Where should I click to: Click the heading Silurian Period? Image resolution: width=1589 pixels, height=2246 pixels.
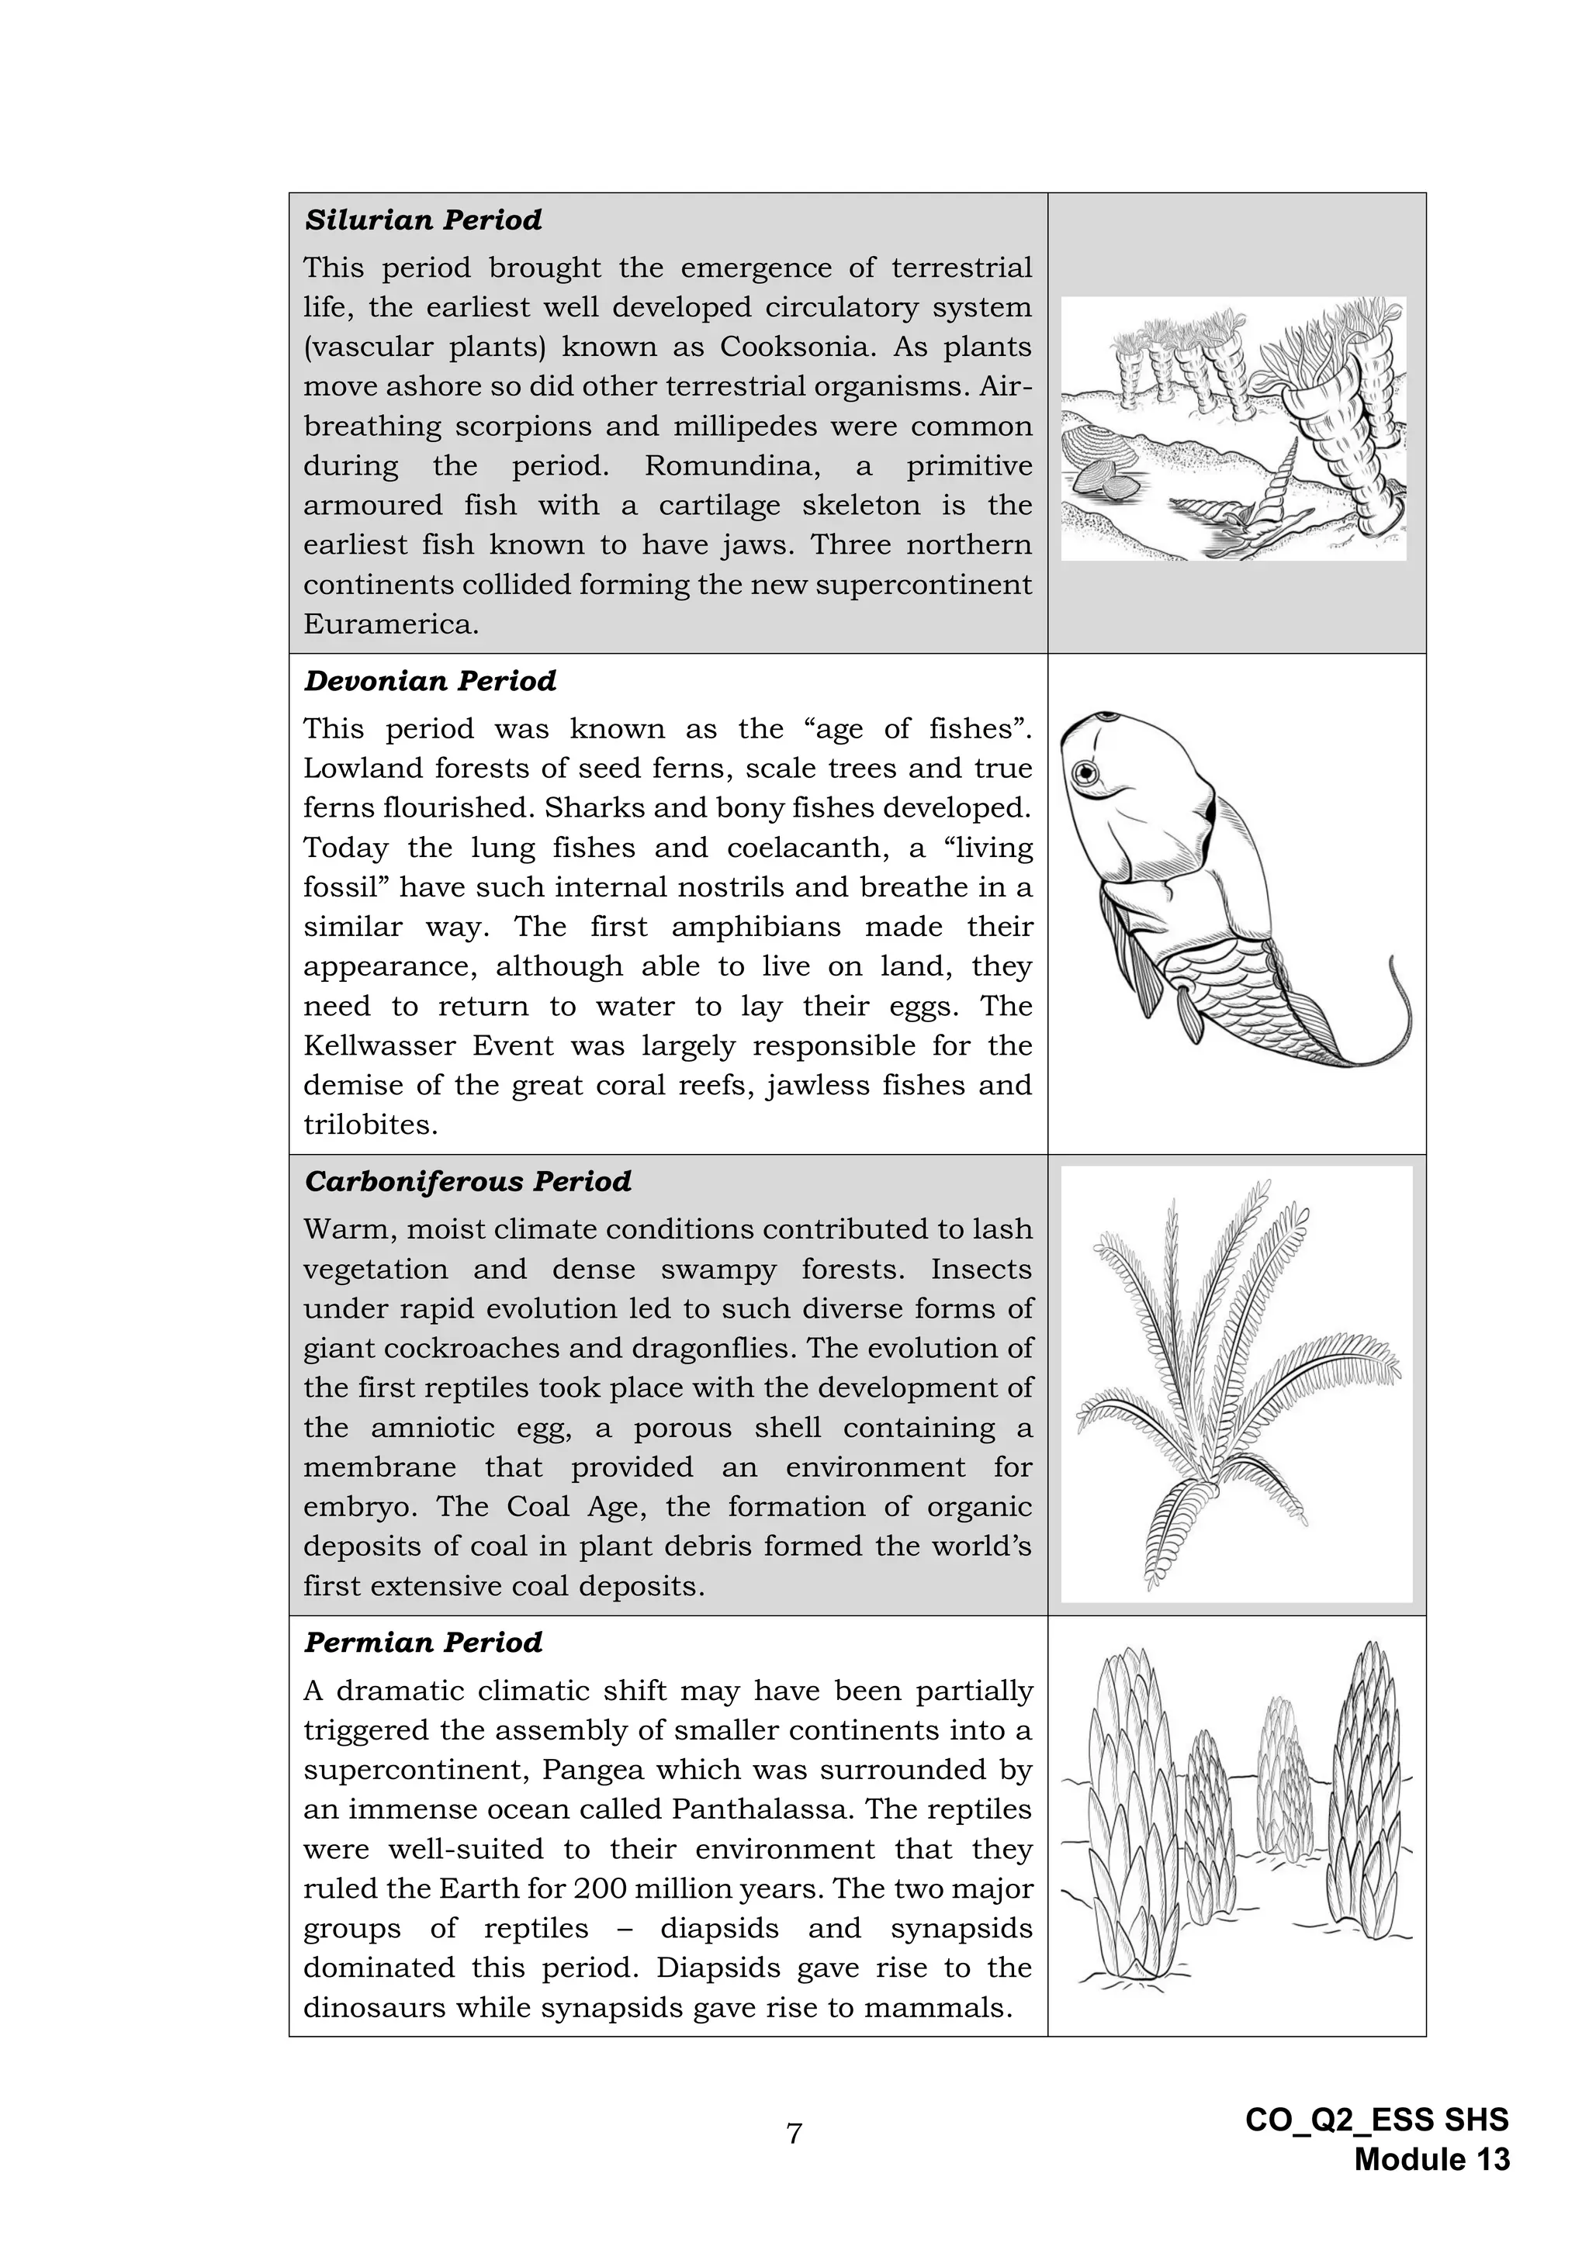click(x=423, y=220)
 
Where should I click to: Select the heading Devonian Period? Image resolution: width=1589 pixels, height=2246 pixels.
click(x=430, y=681)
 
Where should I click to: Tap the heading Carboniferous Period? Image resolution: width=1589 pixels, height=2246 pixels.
click(x=468, y=1182)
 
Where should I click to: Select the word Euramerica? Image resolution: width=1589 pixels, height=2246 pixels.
click(x=390, y=624)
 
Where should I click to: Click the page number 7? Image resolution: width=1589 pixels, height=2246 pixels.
click(x=794, y=2134)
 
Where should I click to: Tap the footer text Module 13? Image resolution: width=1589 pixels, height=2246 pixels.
click(x=1431, y=2160)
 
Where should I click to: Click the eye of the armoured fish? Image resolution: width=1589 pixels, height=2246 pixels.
click(x=1086, y=775)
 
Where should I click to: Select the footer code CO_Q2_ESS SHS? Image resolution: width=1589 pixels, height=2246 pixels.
click(x=1376, y=2120)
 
